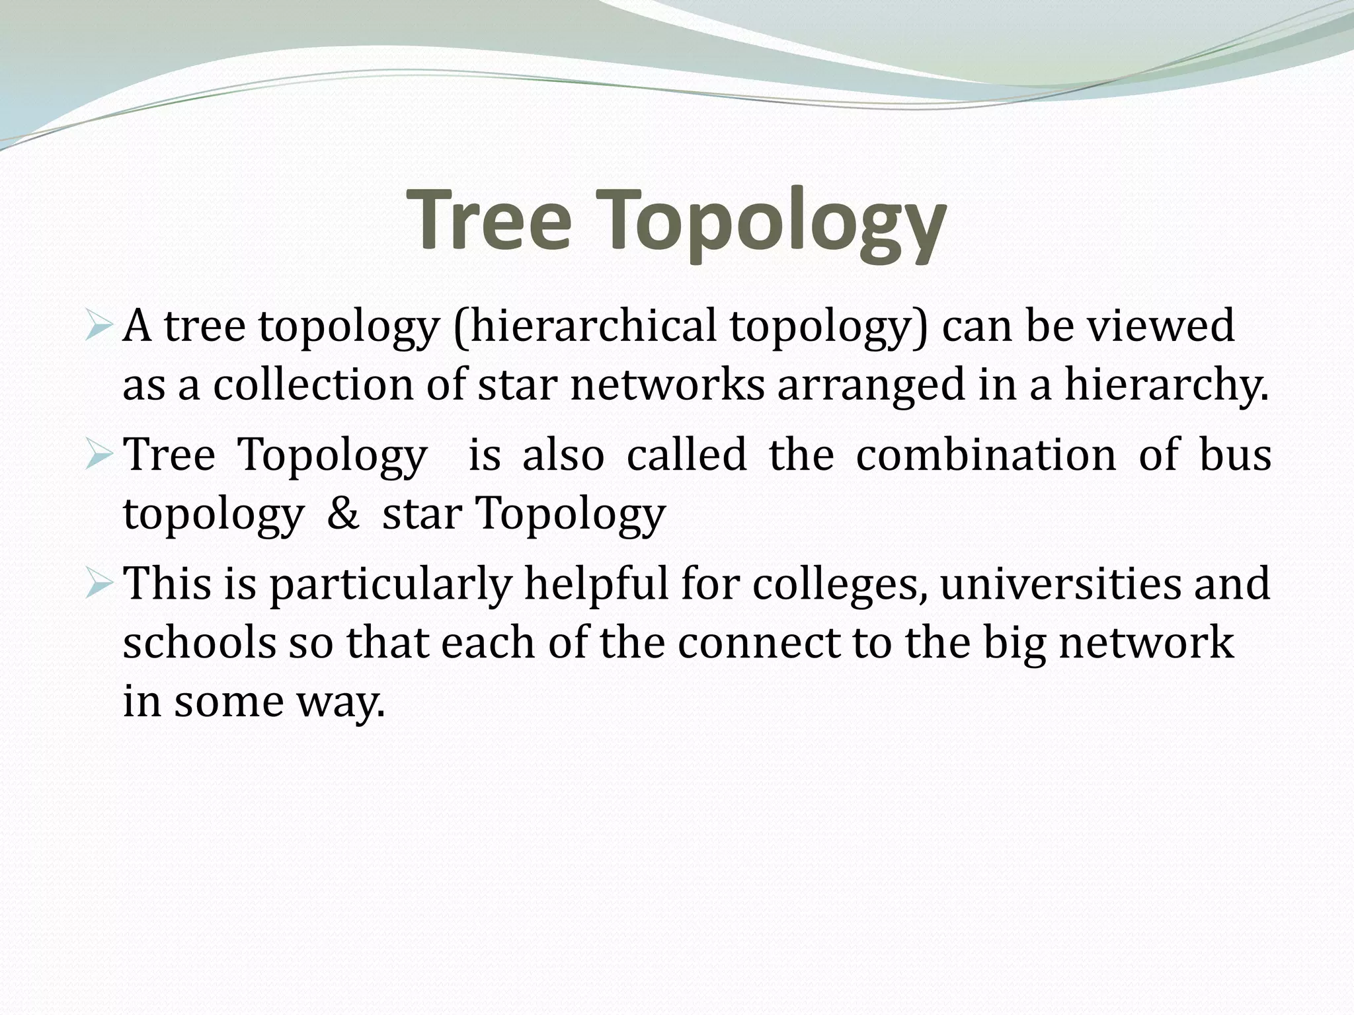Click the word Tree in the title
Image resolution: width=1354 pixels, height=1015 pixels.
490,219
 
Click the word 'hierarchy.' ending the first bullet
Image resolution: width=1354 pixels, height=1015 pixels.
1167,386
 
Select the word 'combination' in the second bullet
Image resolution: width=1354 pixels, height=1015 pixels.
986,455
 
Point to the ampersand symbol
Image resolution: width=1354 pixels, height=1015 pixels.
342,513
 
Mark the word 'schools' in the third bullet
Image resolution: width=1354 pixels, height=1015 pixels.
199,642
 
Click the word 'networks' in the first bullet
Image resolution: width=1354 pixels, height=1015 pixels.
667,385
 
